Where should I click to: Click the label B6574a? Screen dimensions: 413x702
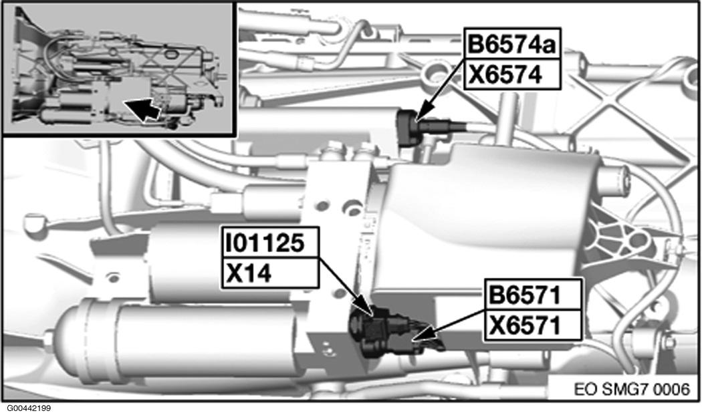[x=513, y=47]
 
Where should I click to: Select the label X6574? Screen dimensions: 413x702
[x=513, y=75]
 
